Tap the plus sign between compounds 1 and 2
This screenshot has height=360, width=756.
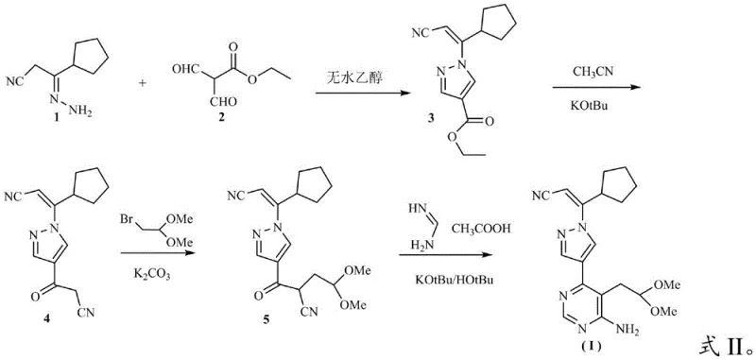(x=144, y=83)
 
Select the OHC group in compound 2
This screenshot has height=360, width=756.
(x=185, y=68)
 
